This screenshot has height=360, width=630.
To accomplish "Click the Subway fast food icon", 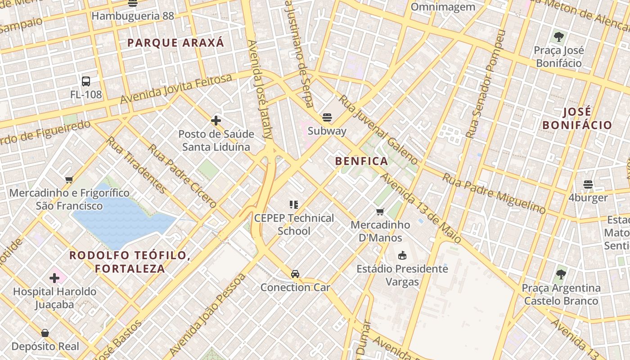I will [x=327, y=117].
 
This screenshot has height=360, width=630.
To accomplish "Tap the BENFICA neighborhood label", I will [x=361, y=161].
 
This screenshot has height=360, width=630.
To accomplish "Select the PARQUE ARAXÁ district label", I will [x=175, y=43].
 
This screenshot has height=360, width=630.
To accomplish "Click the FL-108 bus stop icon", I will [x=86, y=81].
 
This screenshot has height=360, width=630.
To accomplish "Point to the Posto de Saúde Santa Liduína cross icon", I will [x=216, y=121].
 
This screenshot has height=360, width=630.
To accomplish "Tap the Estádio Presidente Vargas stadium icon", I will [x=402, y=256].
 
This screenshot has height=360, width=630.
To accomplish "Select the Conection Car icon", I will [x=295, y=274].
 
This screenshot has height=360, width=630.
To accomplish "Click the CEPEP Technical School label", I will [x=294, y=224].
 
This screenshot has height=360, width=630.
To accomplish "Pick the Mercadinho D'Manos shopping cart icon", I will [x=380, y=211].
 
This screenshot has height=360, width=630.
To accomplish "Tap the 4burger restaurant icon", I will [x=588, y=184].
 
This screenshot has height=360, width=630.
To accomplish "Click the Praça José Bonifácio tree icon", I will [x=559, y=36].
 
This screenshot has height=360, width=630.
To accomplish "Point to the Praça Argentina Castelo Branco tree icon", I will [x=561, y=274].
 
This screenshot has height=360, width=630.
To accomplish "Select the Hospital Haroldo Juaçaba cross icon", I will [x=54, y=278].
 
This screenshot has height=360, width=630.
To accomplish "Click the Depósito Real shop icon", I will [x=45, y=333].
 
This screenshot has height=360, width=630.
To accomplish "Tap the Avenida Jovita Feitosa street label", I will [x=176, y=89].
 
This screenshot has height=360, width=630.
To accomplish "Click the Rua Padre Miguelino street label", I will [x=494, y=193].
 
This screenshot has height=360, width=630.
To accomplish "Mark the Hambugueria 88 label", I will [x=132, y=16].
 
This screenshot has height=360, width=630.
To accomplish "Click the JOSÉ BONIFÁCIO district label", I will [x=577, y=118].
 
